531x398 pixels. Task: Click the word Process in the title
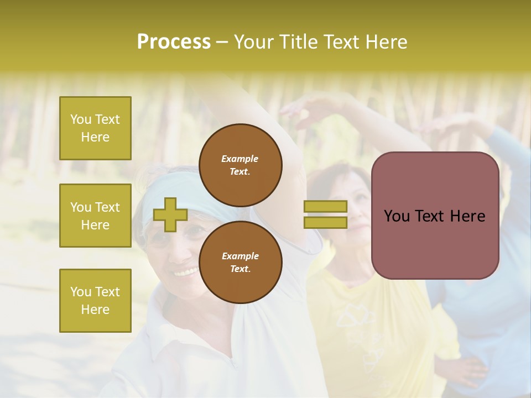pyautogui.click(x=174, y=42)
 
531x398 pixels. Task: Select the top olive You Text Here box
pyautogui.click(x=95, y=128)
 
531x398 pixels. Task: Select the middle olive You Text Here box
pyautogui.click(x=95, y=216)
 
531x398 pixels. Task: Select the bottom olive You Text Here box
pyautogui.click(x=95, y=301)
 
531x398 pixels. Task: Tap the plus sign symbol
pyautogui.click(x=170, y=214)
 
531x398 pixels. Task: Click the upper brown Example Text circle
pyautogui.click(x=240, y=165)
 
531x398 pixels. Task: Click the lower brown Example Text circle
pyautogui.click(x=240, y=262)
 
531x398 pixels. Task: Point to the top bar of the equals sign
pyautogui.click(x=325, y=206)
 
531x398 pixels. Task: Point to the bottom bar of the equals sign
pyautogui.click(x=325, y=222)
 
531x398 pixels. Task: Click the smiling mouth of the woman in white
pyautogui.click(x=186, y=271)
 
